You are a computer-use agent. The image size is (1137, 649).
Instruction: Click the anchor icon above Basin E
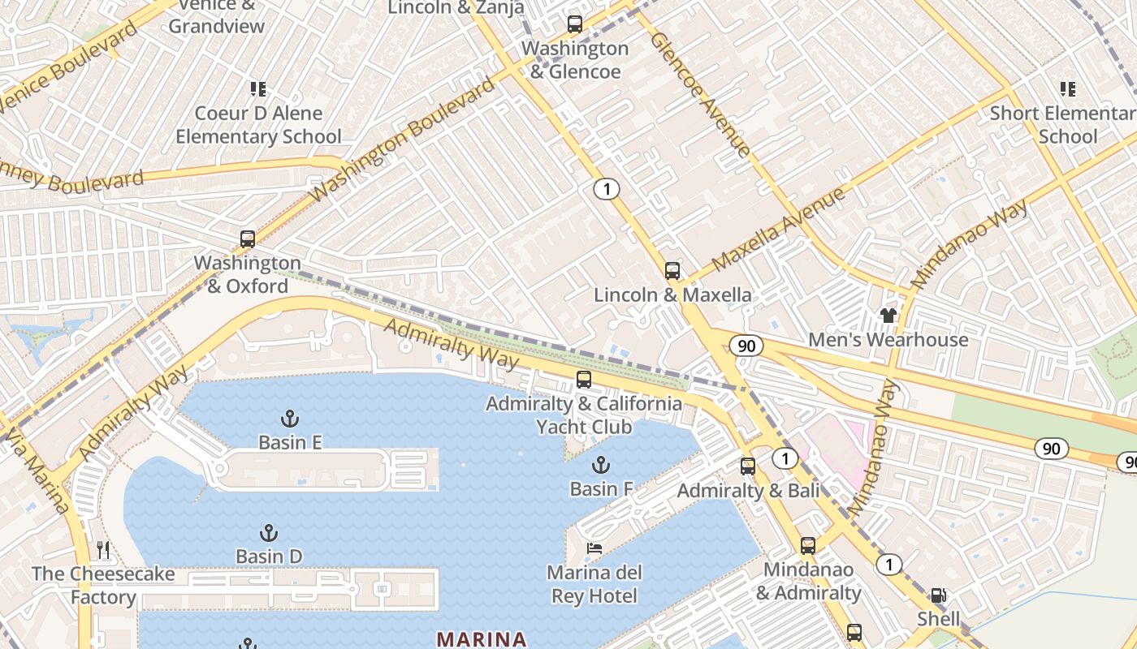(290, 419)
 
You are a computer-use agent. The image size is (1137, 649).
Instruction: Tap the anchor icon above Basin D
(269, 533)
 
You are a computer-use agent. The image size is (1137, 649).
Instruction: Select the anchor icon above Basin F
(600, 465)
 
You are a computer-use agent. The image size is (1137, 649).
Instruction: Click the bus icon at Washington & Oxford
(248, 239)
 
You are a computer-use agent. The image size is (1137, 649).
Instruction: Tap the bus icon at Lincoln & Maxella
(672, 271)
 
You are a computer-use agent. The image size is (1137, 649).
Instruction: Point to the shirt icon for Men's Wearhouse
(888, 315)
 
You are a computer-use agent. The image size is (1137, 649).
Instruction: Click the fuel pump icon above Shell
(938, 595)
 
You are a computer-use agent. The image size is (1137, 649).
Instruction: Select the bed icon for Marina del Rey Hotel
(594, 548)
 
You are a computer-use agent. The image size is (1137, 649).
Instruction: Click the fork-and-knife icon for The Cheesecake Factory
(103, 550)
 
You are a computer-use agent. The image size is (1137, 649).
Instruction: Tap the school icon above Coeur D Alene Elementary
(258, 88)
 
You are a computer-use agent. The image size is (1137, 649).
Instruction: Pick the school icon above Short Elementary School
(1067, 88)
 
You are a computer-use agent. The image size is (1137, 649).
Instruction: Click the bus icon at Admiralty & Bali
(748, 466)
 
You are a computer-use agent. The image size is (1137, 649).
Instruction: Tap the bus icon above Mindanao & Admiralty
(808, 545)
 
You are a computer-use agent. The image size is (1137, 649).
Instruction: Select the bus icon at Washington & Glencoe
(575, 24)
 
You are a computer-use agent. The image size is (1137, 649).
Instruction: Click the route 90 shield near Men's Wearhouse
(746, 346)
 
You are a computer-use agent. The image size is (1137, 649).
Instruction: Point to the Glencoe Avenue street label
(700, 94)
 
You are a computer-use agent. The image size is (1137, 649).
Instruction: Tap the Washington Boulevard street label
(402, 140)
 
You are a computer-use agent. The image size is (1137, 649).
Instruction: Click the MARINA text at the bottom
(482, 639)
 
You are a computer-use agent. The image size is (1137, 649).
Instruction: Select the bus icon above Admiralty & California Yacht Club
(584, 379)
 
